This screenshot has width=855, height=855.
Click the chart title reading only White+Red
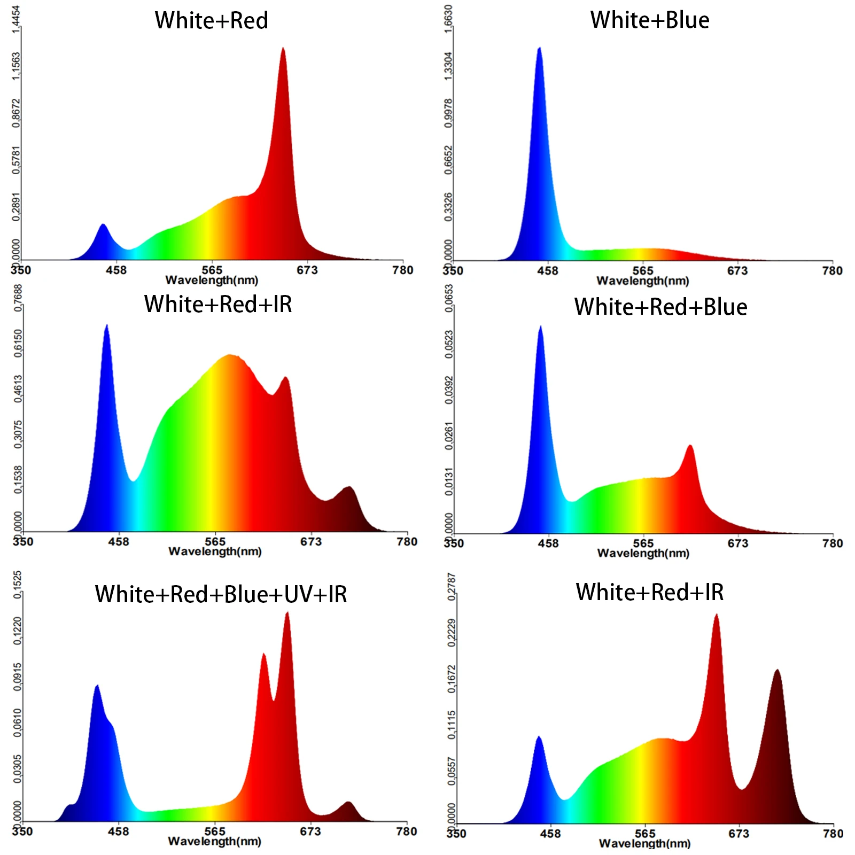[211, 21]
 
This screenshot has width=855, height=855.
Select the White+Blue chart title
[649, 20]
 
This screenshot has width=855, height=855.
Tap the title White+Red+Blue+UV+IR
[221, 594]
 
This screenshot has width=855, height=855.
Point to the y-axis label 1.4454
[17, 19]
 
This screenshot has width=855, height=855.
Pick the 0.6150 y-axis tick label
[18, 343]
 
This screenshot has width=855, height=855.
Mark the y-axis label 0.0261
[448, 436]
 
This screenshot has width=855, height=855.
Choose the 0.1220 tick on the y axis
[18, 631]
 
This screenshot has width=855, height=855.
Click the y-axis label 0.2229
[452, 633]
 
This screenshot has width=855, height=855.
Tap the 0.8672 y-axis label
[17, 113]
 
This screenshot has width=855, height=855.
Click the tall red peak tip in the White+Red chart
[283, 49]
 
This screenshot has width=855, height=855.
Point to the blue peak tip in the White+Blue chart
[539, 48]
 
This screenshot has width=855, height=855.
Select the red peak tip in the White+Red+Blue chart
[690, 445]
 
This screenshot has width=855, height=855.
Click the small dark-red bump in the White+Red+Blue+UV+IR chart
[348, 802]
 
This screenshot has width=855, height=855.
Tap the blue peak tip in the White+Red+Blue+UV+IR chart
[97, 686]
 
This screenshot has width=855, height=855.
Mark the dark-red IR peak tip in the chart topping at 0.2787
[777, 670]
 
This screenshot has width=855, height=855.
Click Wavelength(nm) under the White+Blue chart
[642, 281]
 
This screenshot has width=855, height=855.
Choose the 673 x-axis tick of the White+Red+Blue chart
[737, 543]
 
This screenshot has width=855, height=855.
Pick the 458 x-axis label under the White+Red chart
[116, 270]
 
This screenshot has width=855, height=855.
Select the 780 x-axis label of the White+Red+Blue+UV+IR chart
[406, 831]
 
